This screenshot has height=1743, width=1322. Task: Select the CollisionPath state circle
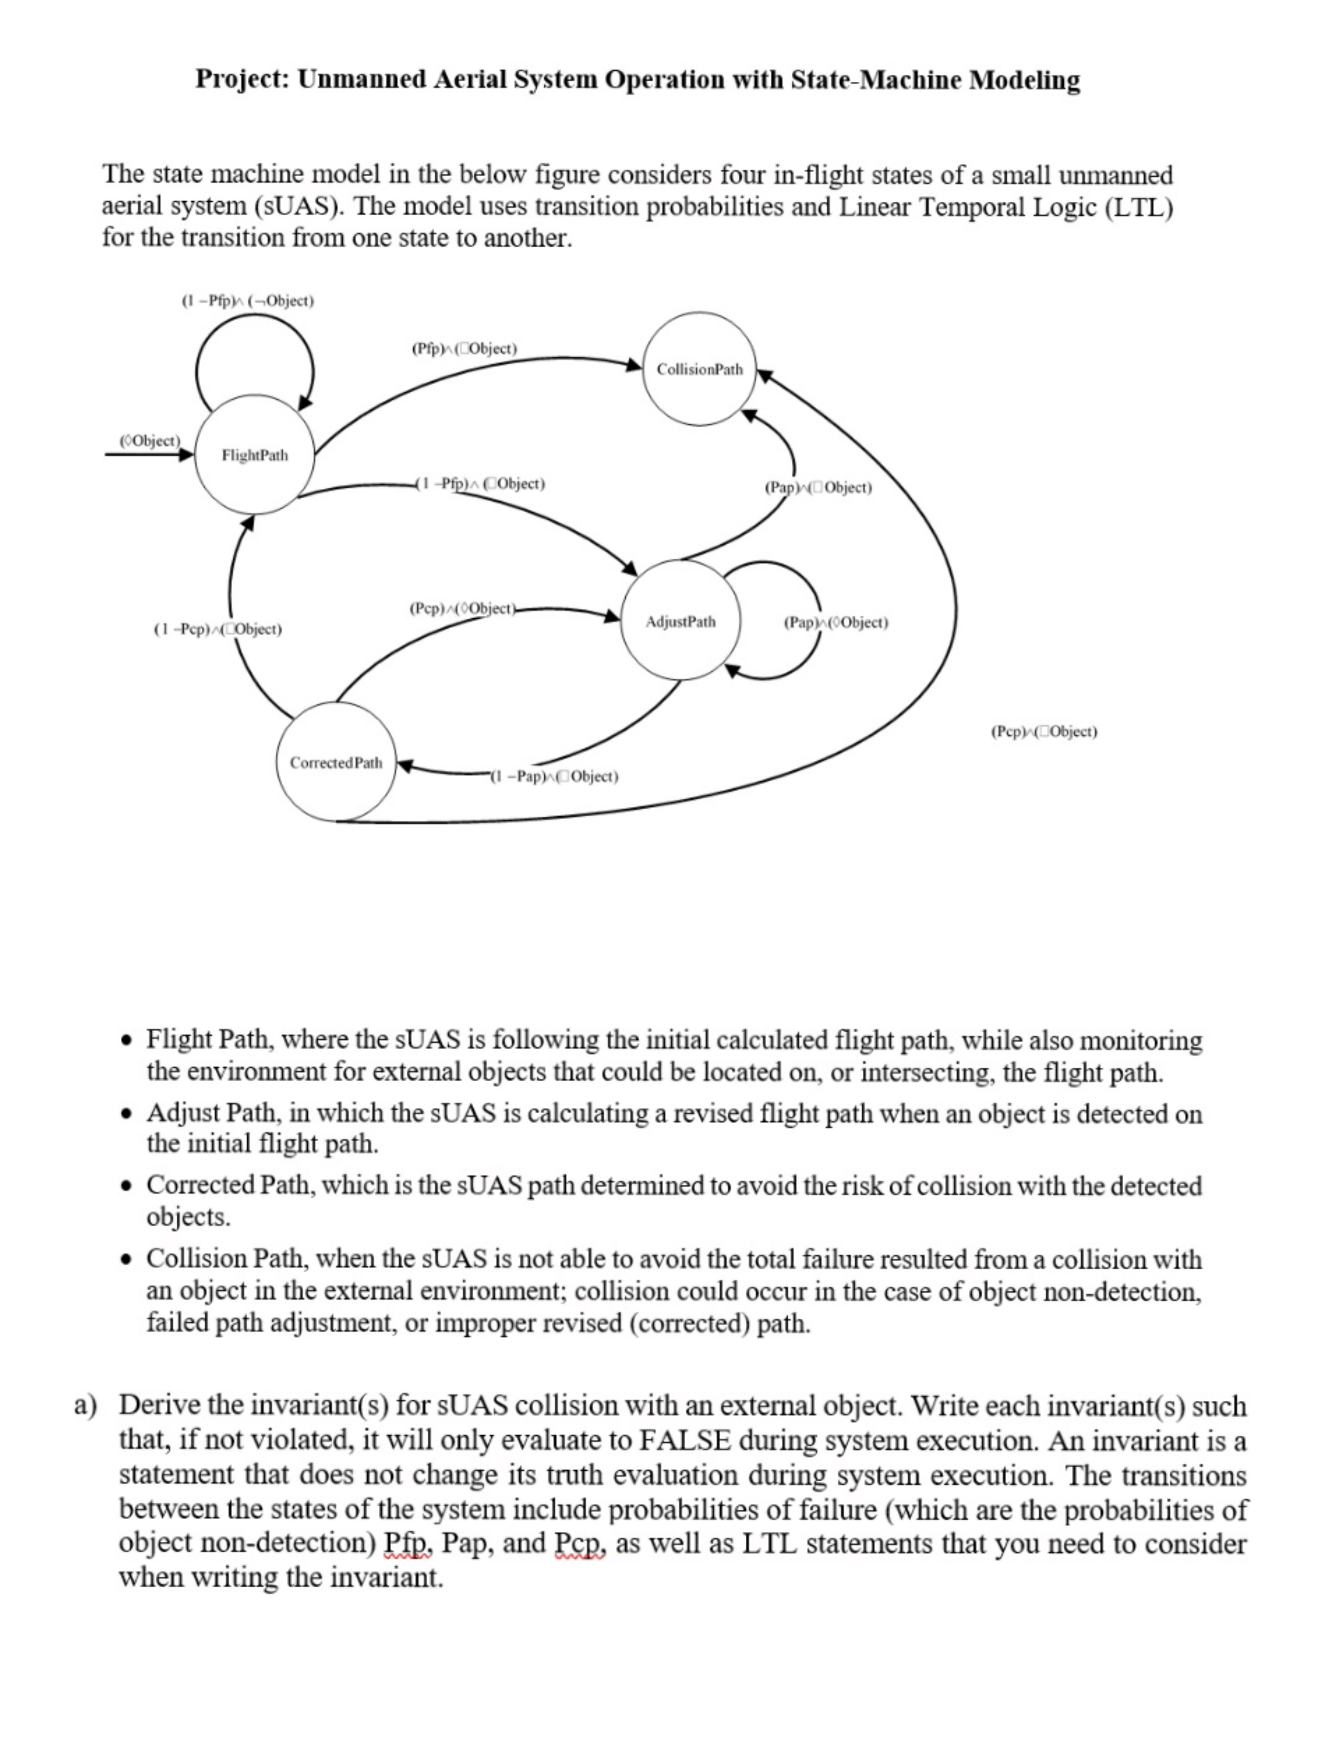click(x=699, y=369)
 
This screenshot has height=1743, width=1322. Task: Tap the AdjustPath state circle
click(x=680, y=621)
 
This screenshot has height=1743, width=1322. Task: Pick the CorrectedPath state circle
click(x=336, y=762)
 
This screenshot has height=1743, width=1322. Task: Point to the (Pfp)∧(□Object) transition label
click(x=464, y=348)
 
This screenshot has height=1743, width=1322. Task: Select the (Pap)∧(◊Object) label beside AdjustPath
click(x=836, y=623)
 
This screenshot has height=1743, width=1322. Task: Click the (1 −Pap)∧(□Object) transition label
click(x=554, y=777)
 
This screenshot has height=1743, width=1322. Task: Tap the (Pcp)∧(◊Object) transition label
click(x=462, y=609)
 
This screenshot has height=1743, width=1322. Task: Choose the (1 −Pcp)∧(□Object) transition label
click(x=217, y=629)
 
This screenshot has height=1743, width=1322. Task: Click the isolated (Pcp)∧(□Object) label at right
click(x=1044, y=731)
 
